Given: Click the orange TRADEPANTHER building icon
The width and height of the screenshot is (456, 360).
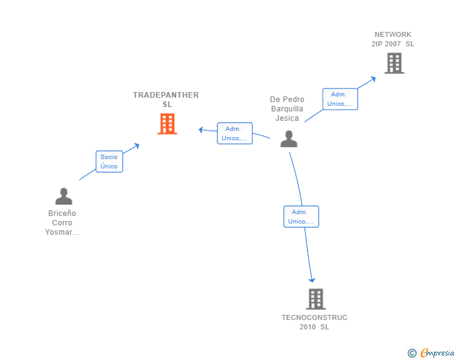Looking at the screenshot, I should [167, 124].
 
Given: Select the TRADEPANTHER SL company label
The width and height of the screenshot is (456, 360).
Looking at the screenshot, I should [166, 100].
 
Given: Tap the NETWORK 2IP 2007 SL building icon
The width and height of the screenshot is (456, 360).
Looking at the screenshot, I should [394, 63].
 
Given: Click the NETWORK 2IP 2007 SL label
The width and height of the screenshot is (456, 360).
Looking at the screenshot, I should [393, 39].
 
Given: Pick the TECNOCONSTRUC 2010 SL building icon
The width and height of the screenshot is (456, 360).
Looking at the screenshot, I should [316, 299].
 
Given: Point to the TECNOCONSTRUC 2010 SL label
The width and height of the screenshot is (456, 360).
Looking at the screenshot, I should [314, 322].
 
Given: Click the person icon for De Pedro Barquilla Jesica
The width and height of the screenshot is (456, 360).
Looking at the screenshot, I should [289, 138].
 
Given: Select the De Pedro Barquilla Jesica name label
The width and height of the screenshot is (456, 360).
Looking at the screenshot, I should [287, 109].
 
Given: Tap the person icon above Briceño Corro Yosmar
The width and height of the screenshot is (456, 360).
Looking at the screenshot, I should [63, 196].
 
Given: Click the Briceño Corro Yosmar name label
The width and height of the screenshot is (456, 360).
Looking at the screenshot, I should [62, 223].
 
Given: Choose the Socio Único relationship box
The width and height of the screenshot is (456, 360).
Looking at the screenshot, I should [109, 162].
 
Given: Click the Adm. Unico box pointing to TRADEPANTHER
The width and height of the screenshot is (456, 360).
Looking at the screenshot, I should [235, 133].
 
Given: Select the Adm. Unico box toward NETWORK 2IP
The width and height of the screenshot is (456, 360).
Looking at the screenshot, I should [340, 99].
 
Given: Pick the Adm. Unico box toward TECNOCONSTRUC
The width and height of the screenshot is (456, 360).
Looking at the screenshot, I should [301, 217].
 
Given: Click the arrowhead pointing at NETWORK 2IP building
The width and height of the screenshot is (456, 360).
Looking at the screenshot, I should [373, 78].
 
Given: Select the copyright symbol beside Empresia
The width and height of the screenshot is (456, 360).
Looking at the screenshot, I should [412, 353].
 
